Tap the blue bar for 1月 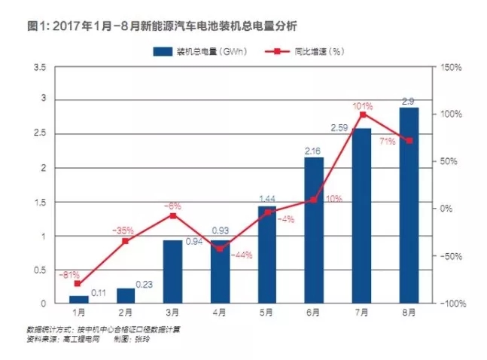tap(78, 300)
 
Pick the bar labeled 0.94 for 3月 tap(173, 272)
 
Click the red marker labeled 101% tap(362, 114)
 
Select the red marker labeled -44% tap(220, 249)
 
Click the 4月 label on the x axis tap(221, 313)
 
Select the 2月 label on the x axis tap(126, 313)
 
